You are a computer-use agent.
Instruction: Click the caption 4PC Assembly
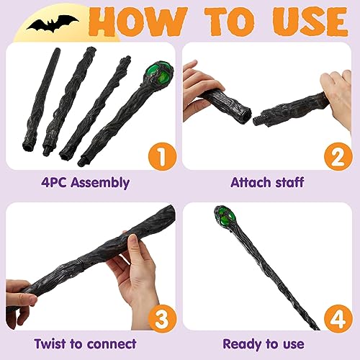click(87, 182)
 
